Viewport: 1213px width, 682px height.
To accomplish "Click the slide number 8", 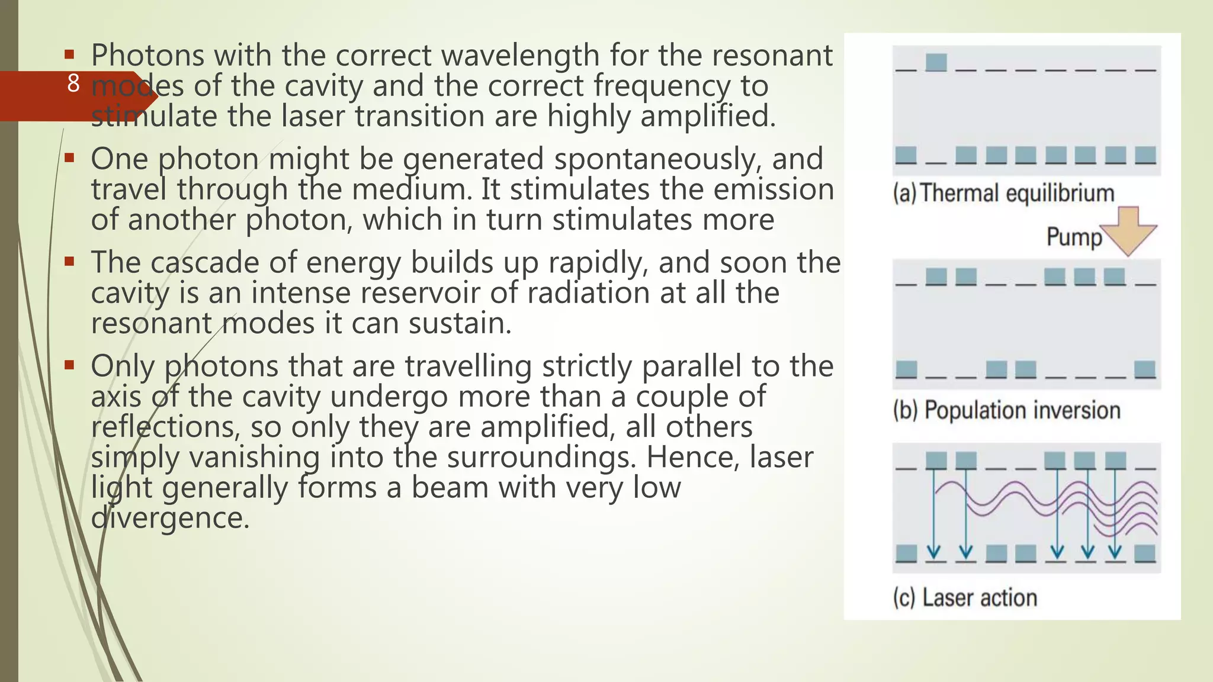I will click(x=73, y=83).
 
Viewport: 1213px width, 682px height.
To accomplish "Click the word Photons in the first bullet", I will click(x=146, y=56).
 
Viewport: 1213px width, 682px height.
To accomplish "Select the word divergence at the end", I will click(x=170, y=518).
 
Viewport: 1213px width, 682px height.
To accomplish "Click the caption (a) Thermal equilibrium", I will click(x=1003, y=194).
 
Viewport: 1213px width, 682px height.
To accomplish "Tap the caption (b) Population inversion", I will click(x=1006, y=410).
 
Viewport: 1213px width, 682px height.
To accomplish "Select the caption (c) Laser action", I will click(x=965, y=598).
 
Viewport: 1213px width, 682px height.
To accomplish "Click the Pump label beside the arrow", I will click(x=1074, y=237).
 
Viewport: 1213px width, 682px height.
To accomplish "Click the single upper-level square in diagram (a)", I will click(x=936, y=62).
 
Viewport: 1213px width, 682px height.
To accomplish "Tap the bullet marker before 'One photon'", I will click(x=69, y=158).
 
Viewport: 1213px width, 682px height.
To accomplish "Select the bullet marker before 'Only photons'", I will click(x=69, y=365).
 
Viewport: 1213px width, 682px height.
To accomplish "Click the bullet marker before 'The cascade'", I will click(x=69, y=262).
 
